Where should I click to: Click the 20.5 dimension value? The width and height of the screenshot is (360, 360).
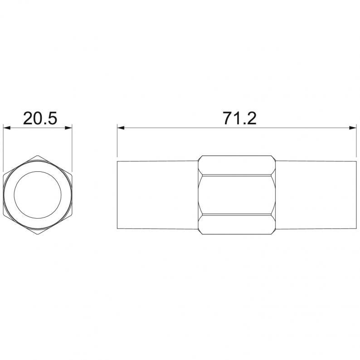click(40, 118)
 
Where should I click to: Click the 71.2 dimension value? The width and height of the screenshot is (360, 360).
click(240, 118)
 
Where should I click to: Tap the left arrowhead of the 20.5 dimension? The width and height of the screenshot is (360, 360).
click(7, 128)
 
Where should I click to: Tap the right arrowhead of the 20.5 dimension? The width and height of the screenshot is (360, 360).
click(68, 128)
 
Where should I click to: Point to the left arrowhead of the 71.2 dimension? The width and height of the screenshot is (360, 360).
click(121, 128)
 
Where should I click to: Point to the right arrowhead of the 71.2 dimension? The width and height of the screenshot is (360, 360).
click(353, 128)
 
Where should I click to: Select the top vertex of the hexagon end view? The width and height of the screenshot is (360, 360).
click(38, 156)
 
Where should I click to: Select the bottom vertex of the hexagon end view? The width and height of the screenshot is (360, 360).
click(38, 234)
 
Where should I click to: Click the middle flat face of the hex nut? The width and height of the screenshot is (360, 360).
click(237, 195)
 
